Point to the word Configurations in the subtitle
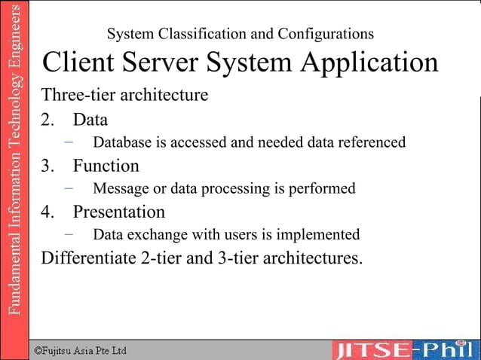click(x=326, y=35)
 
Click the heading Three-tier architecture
click(x=124, y=96)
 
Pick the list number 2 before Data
click(x=47, y=120)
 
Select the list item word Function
click(x=106, y=166)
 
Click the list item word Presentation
click(x=118, y=212)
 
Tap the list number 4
click(x=47, y=212)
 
